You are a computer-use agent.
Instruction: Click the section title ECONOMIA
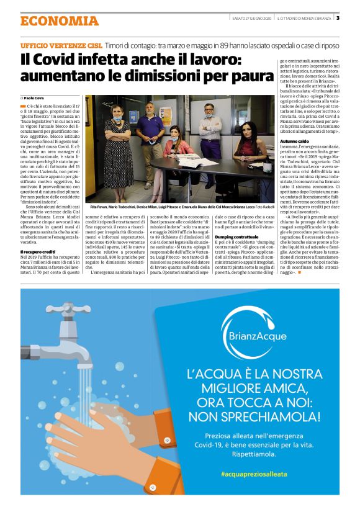click(x=60, y=20)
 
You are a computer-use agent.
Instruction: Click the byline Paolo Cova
click(x=36, y=98)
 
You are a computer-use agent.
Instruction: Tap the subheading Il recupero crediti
click(x=39, y=251)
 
